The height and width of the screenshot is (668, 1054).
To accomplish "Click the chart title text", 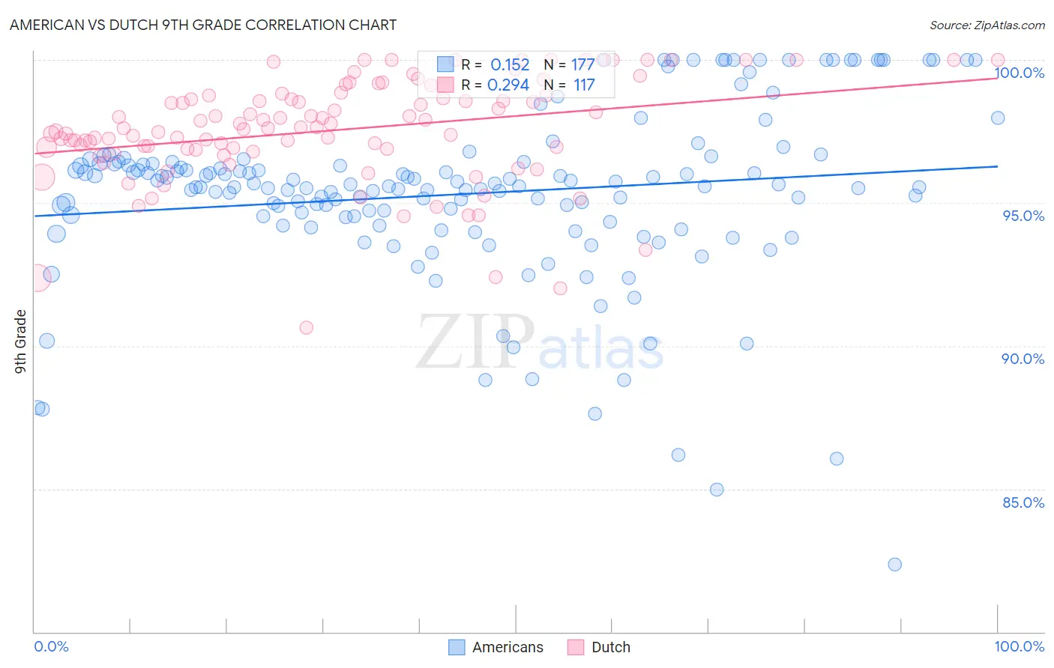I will click(203, 25).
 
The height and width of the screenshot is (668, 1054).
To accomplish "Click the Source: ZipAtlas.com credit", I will click(987, 25).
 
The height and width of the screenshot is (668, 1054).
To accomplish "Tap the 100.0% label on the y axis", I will click(1019, 73).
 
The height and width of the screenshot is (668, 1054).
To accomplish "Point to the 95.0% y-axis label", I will click(1023, 216).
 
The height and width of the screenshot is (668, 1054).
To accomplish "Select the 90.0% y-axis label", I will click(1023, 359).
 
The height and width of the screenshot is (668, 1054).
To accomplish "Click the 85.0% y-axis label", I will click(1023, 502).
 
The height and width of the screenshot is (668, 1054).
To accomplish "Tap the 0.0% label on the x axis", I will click(51, 646).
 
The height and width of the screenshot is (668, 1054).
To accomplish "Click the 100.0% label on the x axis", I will click(1019, 646).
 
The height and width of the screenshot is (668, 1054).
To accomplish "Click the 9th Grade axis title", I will click(21, 341).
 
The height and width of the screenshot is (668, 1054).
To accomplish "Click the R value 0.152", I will click(510, 64).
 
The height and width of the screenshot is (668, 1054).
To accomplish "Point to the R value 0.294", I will click(508, 85).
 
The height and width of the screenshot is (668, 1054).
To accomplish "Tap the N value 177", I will click(582, 64).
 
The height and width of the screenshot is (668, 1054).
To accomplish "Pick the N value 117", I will click(584, 85).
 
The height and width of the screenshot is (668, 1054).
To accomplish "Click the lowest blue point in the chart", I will click(894, 565).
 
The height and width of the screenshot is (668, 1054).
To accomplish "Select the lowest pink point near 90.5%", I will click(306, 327).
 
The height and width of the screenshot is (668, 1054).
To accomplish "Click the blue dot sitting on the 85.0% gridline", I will click(717, 490).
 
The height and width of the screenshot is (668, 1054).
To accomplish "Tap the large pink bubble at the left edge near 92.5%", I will click(37, 277).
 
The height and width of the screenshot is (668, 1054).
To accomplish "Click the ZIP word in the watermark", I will click(475, 341).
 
